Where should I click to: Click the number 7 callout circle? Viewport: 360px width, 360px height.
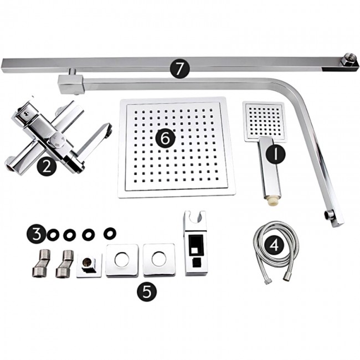(x=180, y=69)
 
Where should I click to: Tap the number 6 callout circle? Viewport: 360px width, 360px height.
(x=165, y=138)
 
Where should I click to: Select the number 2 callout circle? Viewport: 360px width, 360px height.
(x=47, y=166)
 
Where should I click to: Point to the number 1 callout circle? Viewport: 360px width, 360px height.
(x=275, y=154)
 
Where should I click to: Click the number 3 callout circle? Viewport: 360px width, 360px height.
(x=36, y=234)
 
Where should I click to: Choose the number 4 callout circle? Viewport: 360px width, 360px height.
(x=274, y=245)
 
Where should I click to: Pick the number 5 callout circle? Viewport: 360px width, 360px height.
(x=147, y=291)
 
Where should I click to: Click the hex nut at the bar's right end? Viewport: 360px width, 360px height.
(x=347, y=60)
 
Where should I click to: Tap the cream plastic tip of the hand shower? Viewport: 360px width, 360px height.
(x=271, y=201)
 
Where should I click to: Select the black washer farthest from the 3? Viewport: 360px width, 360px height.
(x=110, y=234)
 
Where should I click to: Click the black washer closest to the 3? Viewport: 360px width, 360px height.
(x=53, y=235)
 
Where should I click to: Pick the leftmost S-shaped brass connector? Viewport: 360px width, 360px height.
(x=41, y=263)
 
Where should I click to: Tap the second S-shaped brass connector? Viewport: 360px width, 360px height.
(x=65, y=263)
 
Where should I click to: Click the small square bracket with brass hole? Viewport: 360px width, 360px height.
(x=89, y=265)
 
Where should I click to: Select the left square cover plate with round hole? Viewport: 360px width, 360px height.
(x=122, y=260)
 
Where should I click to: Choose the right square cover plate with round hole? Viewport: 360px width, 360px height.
(x=159, y=260)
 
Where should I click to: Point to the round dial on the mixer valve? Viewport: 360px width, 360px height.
(x=56, y=141)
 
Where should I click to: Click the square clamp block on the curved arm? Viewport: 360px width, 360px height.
(x=70, y=84)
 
